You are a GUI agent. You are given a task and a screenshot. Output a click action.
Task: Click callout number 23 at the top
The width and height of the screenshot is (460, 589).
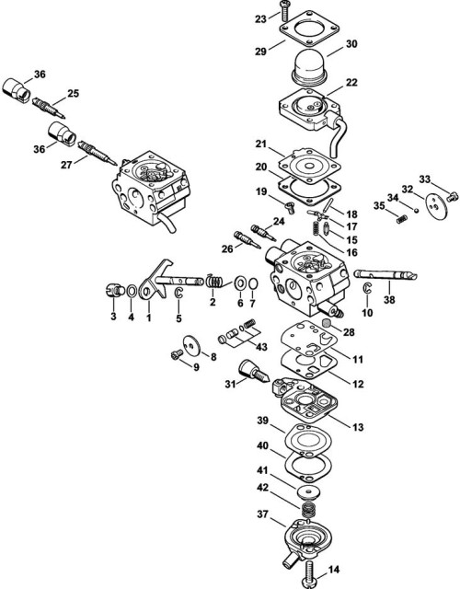[261, 18]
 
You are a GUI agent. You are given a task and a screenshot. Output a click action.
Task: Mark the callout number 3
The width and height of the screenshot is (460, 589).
[113, 317]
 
